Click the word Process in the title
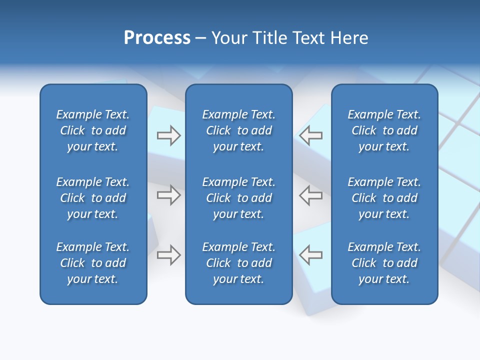click(x=157, y=38)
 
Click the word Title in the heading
click(x=269, y=38)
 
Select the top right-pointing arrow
click(x=168, y=135)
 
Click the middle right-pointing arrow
click(x=168, y=195)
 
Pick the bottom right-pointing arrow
click(x=168, y=255)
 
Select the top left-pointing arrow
click(x=311, y=135)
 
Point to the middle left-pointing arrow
click(x=311, y=195)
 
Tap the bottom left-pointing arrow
click(x=311, y=255)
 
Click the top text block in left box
click(x=93, y=130)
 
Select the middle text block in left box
click(x=93, y=198)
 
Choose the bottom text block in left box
click(x=93, y=263)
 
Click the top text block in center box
click(x=239, y=130)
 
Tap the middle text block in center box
click(x=239, y=198)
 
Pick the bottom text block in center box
click(x=239, y=263)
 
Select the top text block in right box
click(x=384, y=130)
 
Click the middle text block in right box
click(x=384, y=198)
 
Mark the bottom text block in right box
click(x=384, y=263)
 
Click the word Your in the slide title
click(x=229, y=38)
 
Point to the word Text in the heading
click(x=308, y=38)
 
